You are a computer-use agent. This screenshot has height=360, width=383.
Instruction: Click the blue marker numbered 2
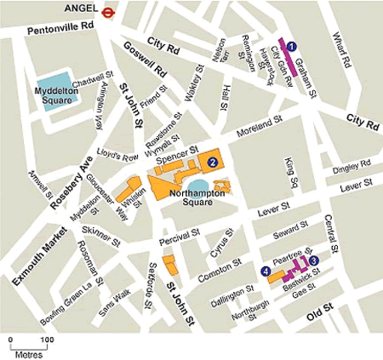213,161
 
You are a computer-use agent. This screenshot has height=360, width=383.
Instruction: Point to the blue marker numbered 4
265,271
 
